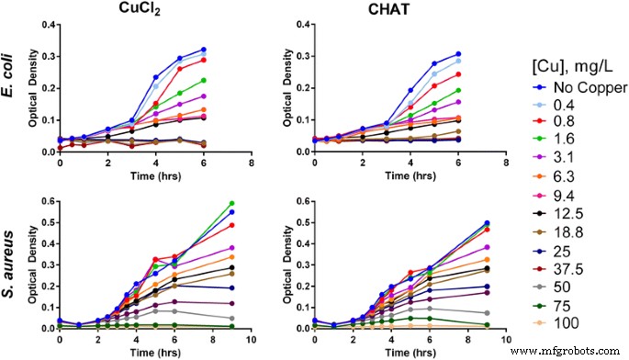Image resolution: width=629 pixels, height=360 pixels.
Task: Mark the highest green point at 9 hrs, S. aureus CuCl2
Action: tap(230, 203)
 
